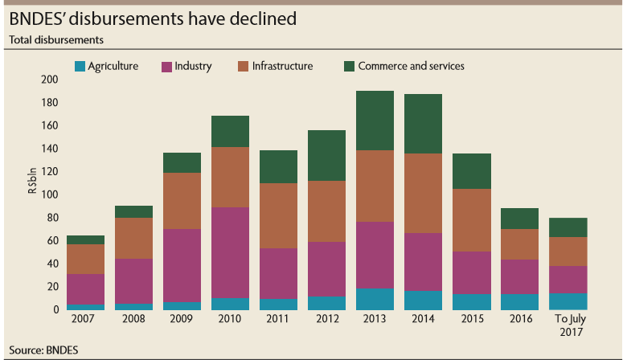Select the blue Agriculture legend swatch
[x=79, y=66]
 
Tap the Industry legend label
[x=192, y=66]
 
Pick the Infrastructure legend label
[x=282, y=66]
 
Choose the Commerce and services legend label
[x=411, y=66]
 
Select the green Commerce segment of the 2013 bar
[x=375, y=121]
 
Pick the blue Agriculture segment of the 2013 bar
[x=375, y=299]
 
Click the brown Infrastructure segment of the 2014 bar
[x=422, y=193]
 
